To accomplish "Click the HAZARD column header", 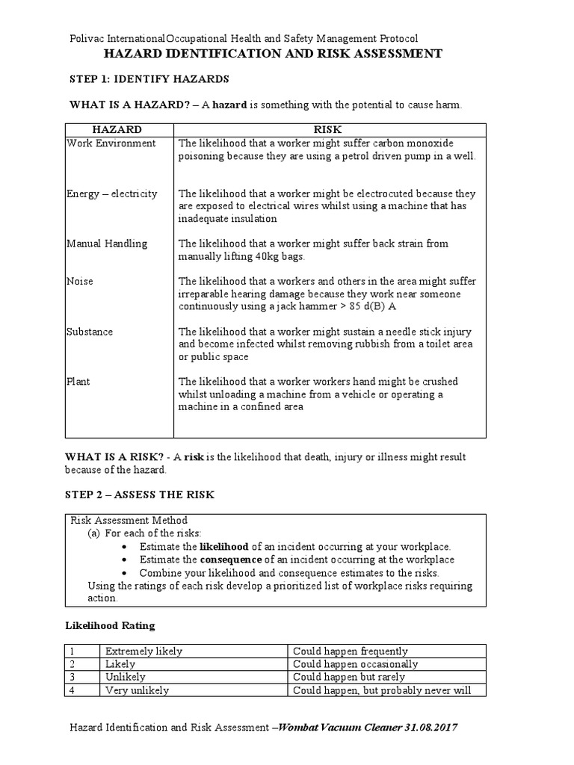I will (120, 130).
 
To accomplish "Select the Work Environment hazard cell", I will (111, 143).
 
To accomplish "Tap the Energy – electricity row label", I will (112, 193).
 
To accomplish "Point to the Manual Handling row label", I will (107, 244).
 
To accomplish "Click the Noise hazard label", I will (80, 282).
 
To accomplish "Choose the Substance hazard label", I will (90, 332).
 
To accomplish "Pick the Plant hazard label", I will (78, 382).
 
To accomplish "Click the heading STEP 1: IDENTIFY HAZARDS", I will (149, 79).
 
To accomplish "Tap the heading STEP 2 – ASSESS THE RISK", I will (141, 494).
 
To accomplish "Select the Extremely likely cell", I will (143, 651).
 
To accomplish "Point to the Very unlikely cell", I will (137, 690).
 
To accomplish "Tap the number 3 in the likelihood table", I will (72, 678).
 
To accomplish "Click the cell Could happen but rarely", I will (345, 678).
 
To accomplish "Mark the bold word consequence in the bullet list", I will (231, 560).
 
